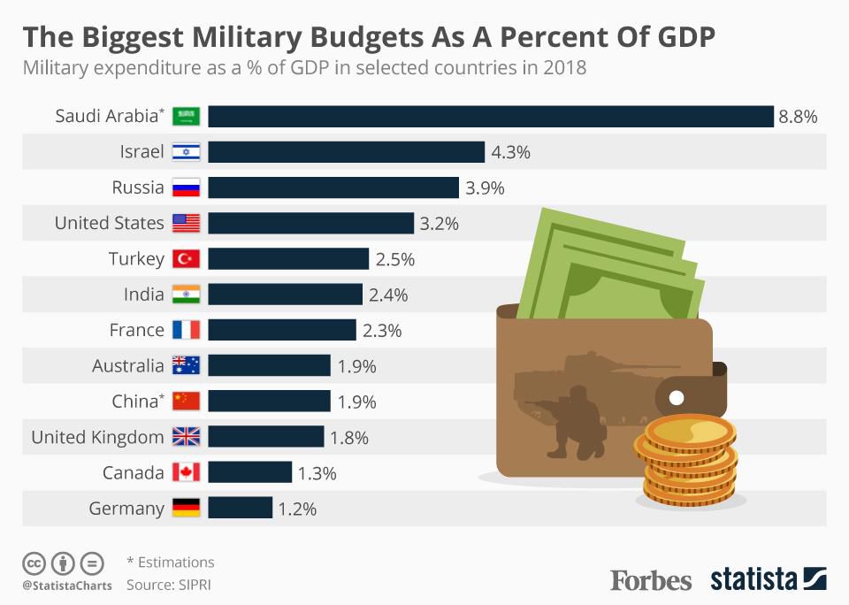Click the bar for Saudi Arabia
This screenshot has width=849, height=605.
pos(491,117)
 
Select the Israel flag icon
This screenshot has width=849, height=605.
pos(186,152)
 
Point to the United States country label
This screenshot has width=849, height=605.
pos(109,223)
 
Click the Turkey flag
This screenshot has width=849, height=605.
pos(186,259)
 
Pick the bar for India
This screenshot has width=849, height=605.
pos(285,295)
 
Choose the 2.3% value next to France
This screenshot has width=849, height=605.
pos(382,330)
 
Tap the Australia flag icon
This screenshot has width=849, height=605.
pos(186,365)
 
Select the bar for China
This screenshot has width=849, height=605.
pos(269,401)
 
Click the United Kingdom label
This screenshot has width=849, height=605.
pos(97,437)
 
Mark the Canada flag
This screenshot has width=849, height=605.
pos(186,472)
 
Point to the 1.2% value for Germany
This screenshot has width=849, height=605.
pos(298,509)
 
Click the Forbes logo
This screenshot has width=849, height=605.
pos(651,580)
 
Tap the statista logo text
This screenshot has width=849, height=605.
pos(753,580)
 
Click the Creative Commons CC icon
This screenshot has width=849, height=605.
pos(34,563)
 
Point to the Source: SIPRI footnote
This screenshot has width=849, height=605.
pos(169,585)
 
